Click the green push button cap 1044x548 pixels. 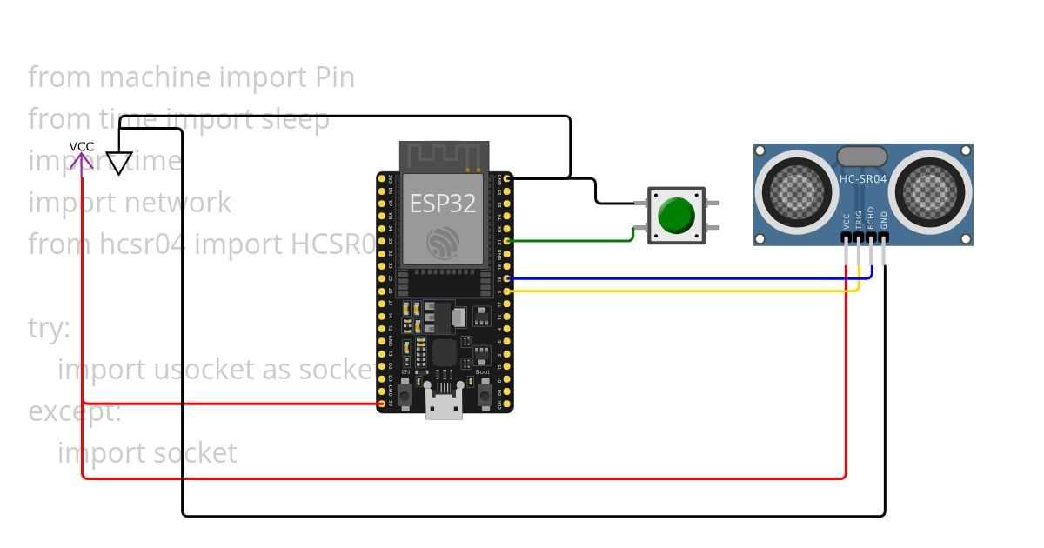pyautogui.click(x=676, y=215)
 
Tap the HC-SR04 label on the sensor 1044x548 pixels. pyautogui.click(x=862, y=179)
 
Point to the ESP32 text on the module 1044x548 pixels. pyautogui.click(x=444, y=204)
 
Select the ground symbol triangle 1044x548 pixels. pyautogui.click(x=119, y=163)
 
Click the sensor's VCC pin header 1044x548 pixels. pyautogui.click(x=847, y=237)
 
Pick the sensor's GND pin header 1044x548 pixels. pyautogui.click(x=884, y=237)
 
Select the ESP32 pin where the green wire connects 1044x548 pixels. pyautogui.click(x=507, y=241)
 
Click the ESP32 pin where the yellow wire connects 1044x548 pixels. pyautogui.click(x=507, y=291)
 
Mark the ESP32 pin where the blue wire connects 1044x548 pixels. pyautogui.click(x=507, y=278)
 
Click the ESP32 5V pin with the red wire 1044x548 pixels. pyautogui.click(x=381, y=404)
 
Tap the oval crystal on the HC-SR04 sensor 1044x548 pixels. pyautogui.click(x=862, y=157)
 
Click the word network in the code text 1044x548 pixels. pyautogui.click(x=178, y=203)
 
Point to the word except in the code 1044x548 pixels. pyautogui.click(x=75, y=411)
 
